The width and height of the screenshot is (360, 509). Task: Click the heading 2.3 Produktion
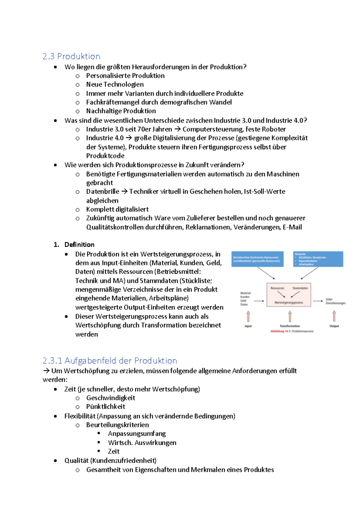point(71,56)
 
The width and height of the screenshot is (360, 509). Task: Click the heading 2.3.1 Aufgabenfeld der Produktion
point(109,360)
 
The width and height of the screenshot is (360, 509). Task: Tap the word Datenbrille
point(103,192)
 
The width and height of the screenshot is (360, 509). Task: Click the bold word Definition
point(79,245)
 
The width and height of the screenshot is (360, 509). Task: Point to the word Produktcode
point(105,156)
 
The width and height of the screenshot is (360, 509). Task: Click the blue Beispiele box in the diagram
point(318,259)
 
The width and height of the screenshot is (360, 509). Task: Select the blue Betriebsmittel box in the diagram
point(257,259)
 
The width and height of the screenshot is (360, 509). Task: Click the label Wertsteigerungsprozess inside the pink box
point(289,302)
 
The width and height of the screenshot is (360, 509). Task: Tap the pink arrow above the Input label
point(248,316)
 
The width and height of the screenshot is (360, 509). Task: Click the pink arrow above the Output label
point(334,316)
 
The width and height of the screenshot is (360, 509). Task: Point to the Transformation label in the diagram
point(289,326)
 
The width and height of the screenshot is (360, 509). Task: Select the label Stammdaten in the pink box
point(300,288)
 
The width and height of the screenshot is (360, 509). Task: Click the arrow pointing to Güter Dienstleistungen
point(318,301)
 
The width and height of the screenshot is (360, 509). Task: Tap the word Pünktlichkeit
point(106,407)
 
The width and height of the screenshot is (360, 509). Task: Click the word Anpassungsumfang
point(137,434)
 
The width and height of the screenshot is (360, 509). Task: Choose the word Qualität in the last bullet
point(76,460)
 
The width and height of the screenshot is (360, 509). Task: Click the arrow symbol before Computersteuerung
point(177,129)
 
